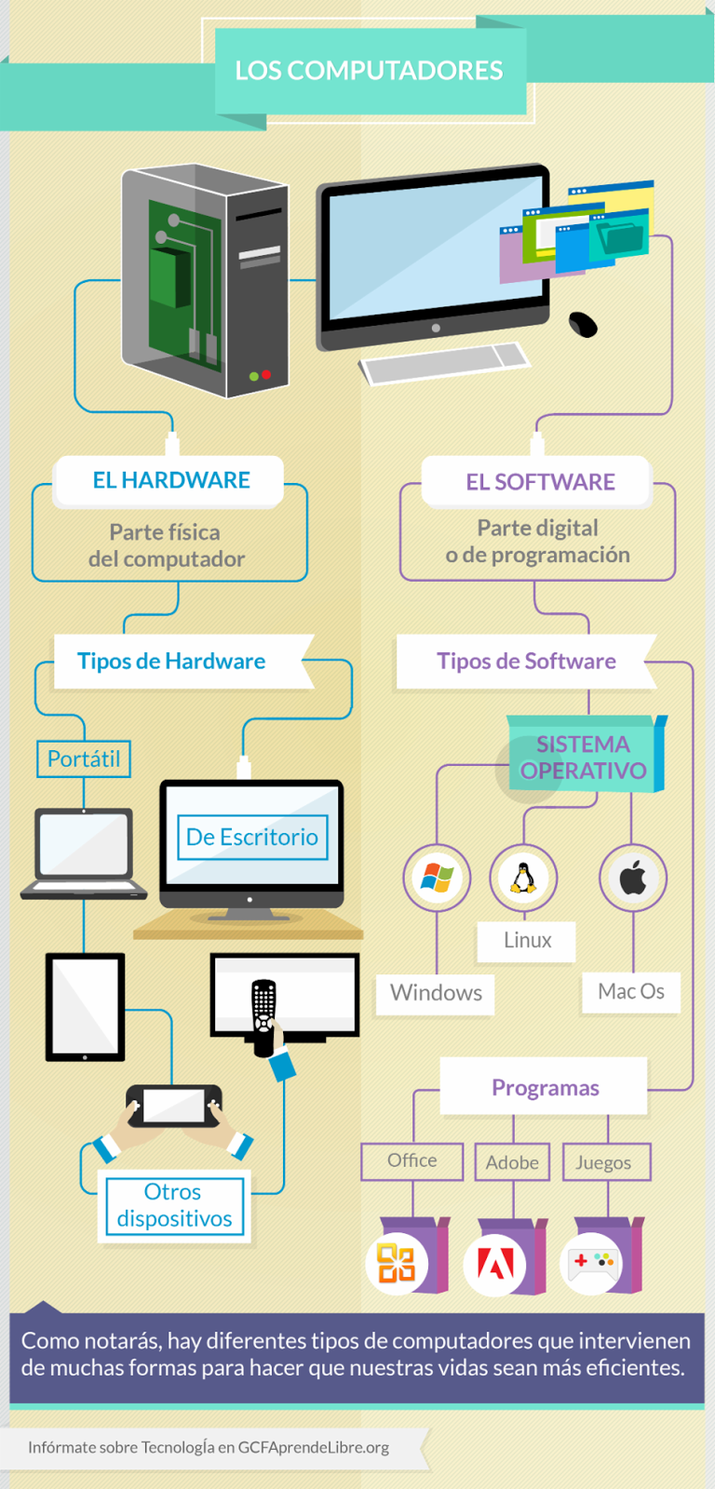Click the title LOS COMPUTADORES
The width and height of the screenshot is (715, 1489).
tap(369, 71)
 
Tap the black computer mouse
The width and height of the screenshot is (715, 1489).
tap(583, 324)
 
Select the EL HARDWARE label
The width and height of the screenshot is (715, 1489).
tap(170, 480)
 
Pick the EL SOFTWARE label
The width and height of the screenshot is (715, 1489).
tap(540, 482)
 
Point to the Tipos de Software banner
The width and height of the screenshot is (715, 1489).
tap(526, 661)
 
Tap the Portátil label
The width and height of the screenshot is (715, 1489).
tap(84, 758)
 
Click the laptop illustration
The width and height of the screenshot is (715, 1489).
tap(84, 852)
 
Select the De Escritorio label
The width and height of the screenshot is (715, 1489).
tap(251, 837)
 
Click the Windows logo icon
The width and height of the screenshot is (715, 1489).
tap(437, 878)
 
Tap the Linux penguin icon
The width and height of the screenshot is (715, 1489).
tap(523, 878)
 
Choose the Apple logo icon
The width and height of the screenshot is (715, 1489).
tap(633, 878)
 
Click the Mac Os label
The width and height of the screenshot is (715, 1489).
tap(631, 991)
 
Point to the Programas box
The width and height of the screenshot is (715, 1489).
tap(545, 1087)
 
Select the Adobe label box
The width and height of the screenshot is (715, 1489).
tap(512, 1162)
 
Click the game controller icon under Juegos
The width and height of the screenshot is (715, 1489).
tap(593, 1263)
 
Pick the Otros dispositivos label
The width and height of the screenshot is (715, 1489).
tap(174, 1205)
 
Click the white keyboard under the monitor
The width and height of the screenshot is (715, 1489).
tap(445, 363)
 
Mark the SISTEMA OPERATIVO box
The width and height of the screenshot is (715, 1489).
tap(584, 757)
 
